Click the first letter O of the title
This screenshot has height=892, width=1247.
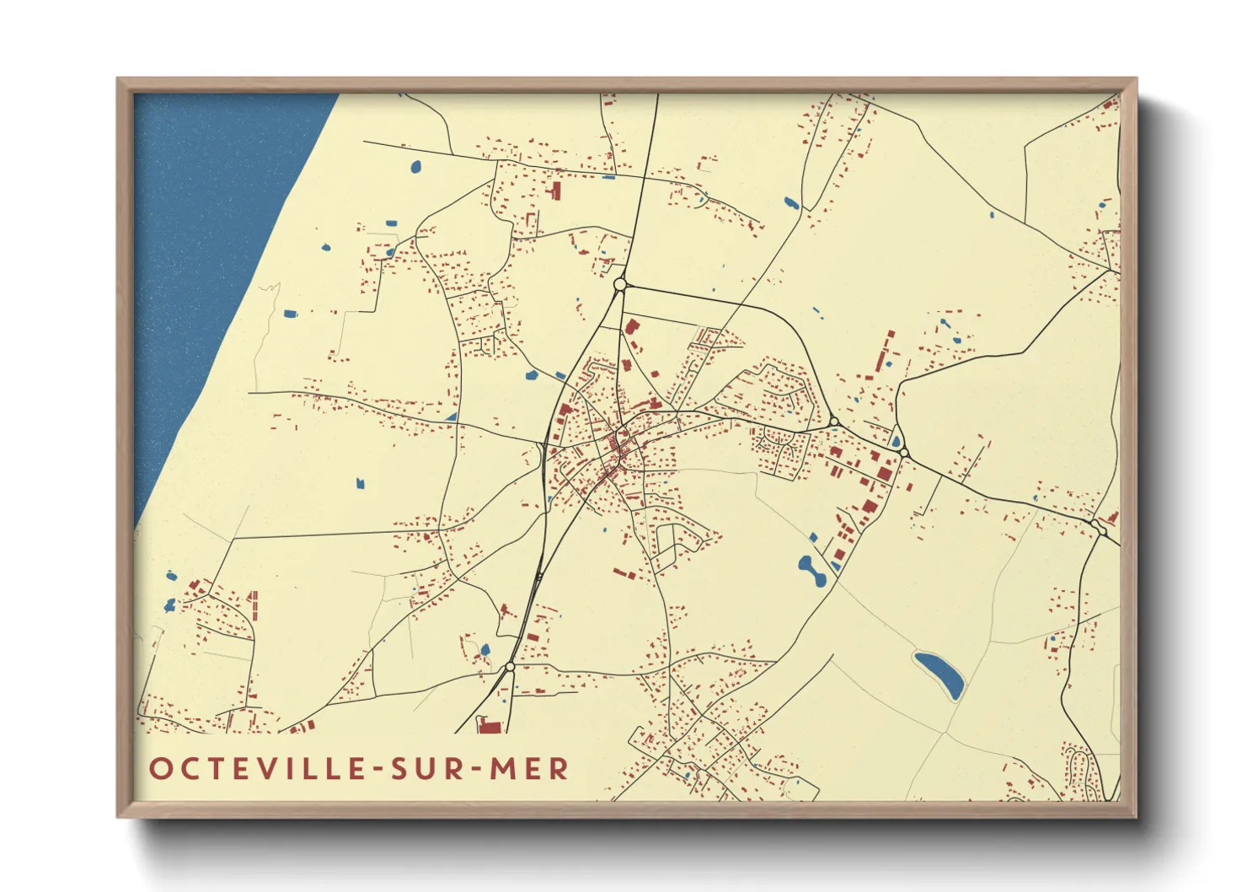tap(160, 768)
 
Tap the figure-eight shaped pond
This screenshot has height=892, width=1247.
tap(811, 570)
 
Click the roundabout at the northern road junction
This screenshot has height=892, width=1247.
tap(620, 285)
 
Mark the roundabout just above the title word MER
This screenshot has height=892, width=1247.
tap(510, 667)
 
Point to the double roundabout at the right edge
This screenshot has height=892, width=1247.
tap(1098, 527)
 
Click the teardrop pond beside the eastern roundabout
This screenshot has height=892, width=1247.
tap(896, 439)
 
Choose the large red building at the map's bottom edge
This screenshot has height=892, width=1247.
tap(488, 724)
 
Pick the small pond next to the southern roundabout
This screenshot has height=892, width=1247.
tap(485, 650)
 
